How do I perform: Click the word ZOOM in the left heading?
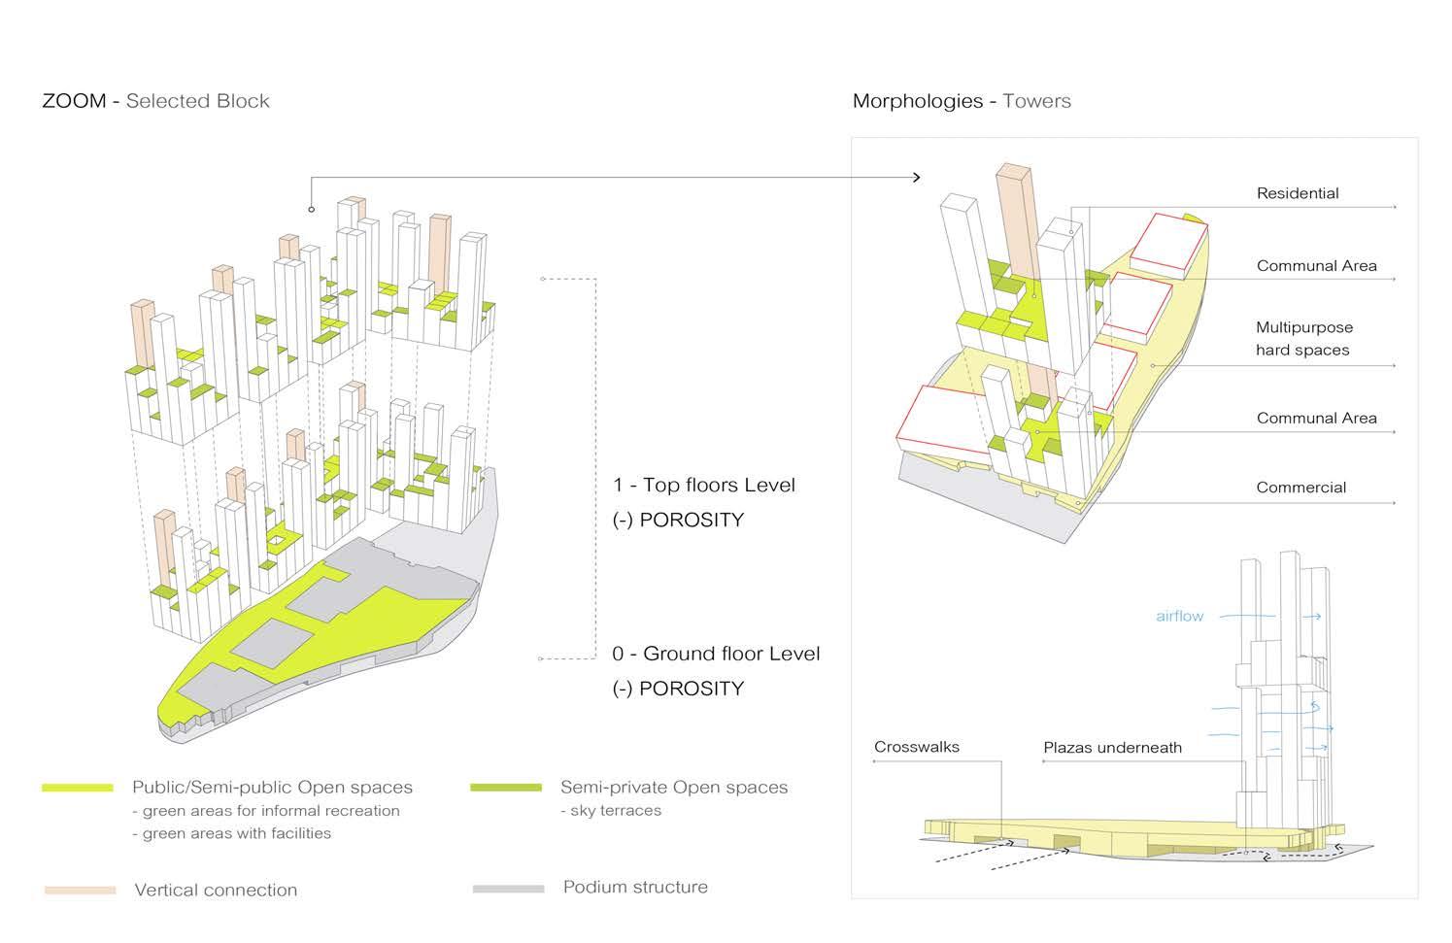(x=74, y=101)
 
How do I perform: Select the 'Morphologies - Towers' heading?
(x=962, y=101)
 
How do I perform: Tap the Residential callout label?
(x=1297, y=193)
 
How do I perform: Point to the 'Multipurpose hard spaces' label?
(x=1302, y=339)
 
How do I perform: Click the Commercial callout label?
(x=1300, y=488)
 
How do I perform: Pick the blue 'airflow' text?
(x=1179, y=616)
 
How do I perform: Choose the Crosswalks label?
(x=916, y=747)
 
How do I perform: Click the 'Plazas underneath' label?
(x=1112, y=748)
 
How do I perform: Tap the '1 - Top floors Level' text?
(x=703, y=485)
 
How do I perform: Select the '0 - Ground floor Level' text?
(x=716, y=654)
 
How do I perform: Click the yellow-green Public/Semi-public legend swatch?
(x=78, y=788)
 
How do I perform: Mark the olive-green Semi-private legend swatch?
(x=505, y=788)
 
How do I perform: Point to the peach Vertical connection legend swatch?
(x=80, y=890)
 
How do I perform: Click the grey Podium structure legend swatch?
(x=508, y=889)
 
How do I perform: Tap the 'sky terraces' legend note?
(x=614, y=810)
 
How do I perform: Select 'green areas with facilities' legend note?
(x=236, y=833)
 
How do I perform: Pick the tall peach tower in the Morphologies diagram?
(x=1013, y=223)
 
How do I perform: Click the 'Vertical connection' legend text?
(x=216, y=890)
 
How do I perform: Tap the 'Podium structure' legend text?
(x=635, y=887)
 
